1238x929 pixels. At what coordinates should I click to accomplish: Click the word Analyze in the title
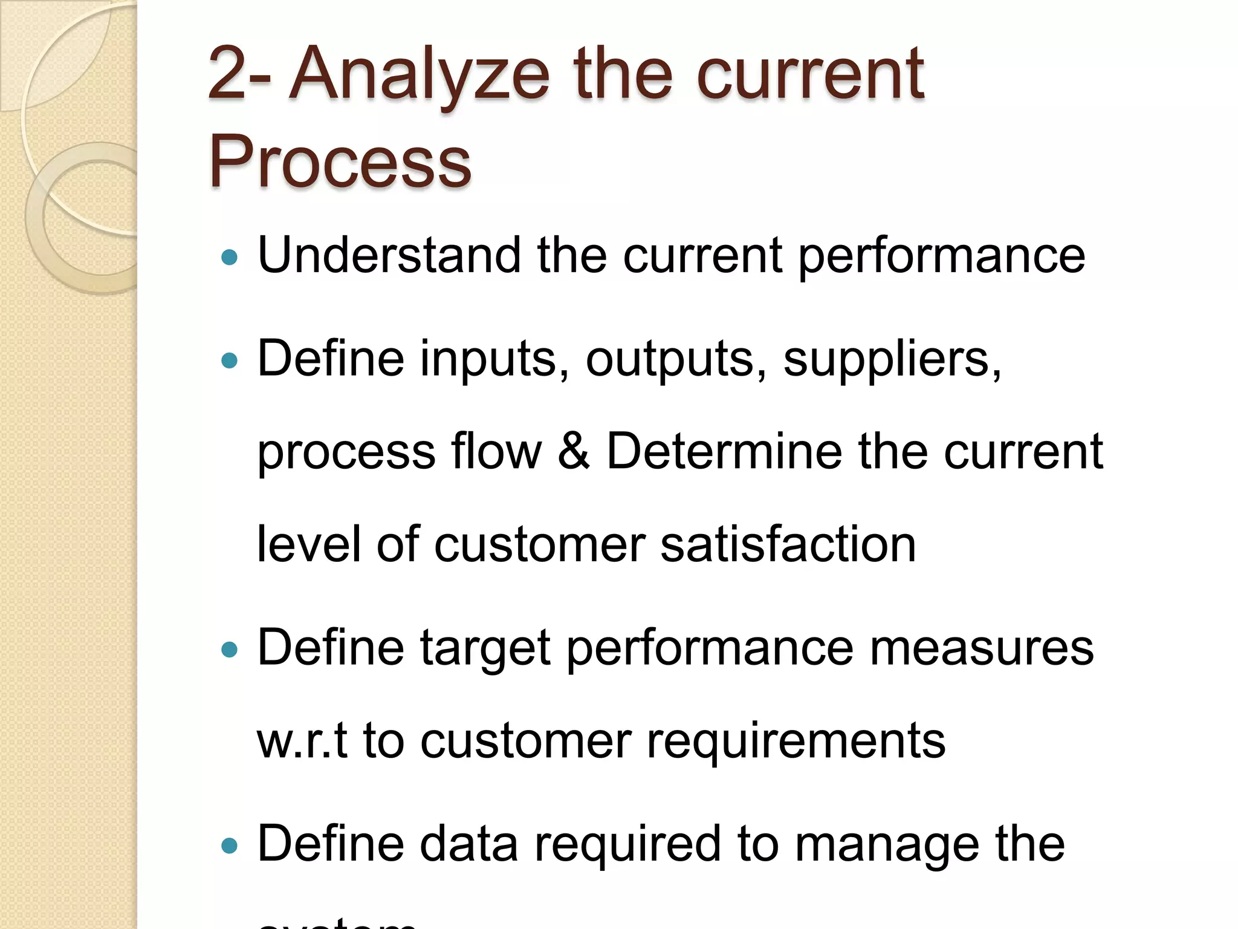(420, 75)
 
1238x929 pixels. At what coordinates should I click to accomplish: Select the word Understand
(389, 255)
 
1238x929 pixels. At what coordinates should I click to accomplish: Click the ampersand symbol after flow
(574, 451)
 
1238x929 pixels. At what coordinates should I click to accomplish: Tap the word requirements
(796, 742)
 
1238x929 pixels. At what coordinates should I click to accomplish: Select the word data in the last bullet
(469, 844)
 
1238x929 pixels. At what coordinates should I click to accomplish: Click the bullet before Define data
(230, 846)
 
